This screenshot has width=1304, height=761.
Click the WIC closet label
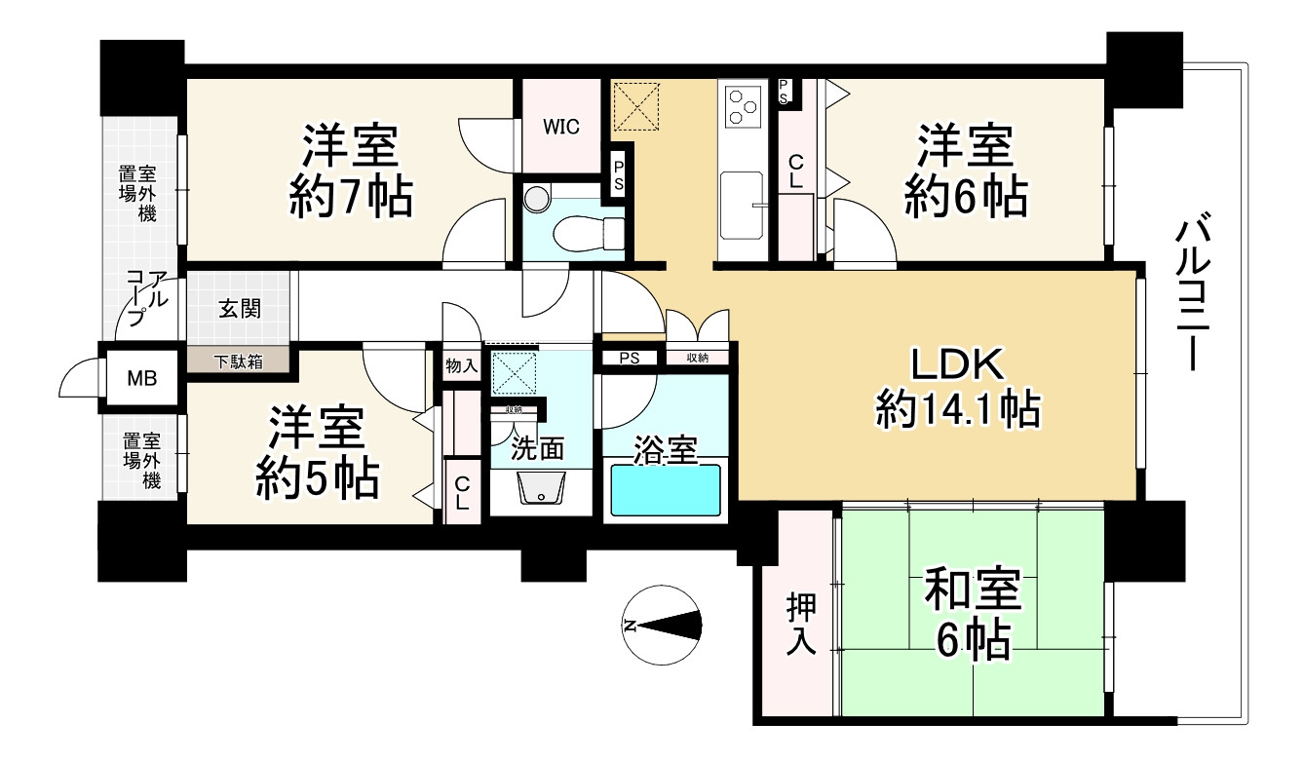pos(561,126)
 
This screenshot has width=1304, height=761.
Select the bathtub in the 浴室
pos(665,490)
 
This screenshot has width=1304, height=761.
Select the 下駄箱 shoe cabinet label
pos(238,361)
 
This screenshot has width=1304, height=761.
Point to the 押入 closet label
pos(801,623)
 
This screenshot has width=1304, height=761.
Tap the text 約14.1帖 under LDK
pos(958,411)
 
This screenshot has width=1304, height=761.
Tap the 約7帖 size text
pos(350,198)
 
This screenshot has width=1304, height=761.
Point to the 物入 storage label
pos(461,367)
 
